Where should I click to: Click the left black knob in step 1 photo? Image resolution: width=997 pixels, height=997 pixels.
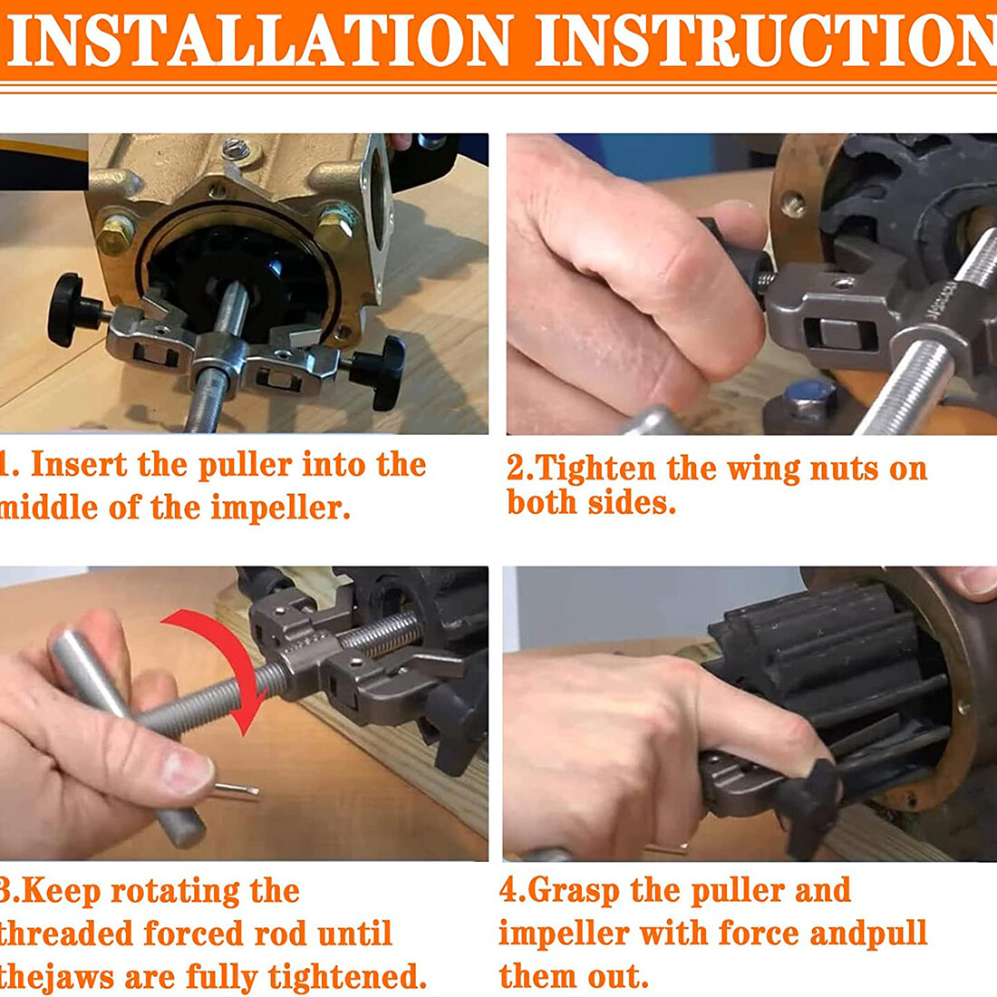(70, 310)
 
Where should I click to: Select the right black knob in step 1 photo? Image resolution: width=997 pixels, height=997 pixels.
(381, 373)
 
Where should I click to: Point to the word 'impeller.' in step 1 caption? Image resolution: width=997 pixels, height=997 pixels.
(280, 508)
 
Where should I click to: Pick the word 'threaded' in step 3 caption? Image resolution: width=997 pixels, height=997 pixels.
(66, 934)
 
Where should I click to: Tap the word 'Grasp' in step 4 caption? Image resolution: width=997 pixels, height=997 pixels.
(573, 890)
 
